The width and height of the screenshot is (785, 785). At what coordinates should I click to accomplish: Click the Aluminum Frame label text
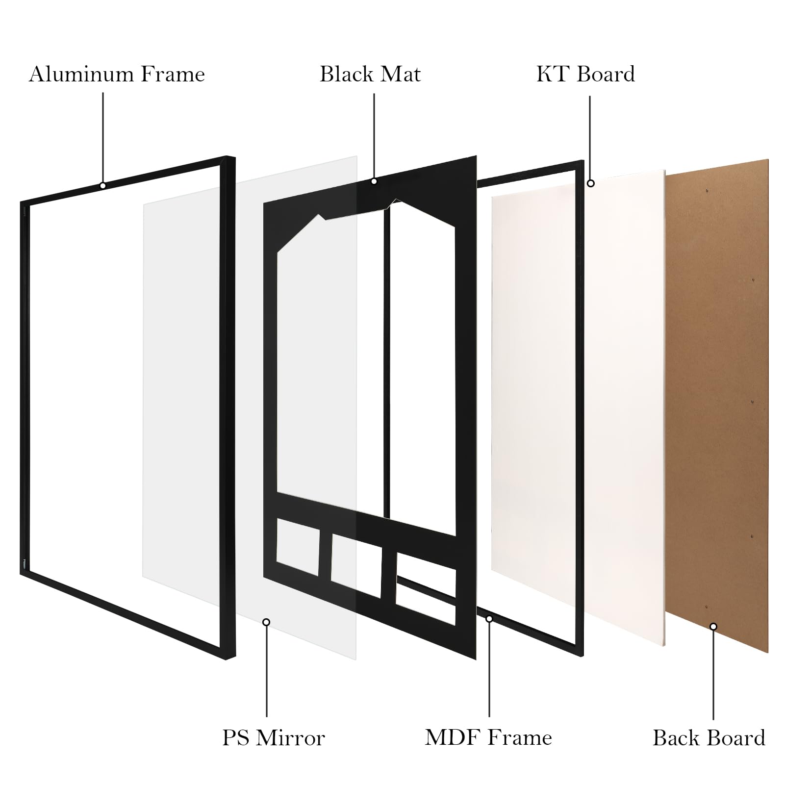[x=117, y=74]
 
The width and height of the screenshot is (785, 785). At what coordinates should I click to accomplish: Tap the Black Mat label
[x=370, y=74]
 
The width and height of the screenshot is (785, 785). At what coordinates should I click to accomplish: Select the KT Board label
[x=585, y=74]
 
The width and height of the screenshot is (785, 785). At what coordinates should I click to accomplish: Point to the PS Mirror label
[x=274, y=738]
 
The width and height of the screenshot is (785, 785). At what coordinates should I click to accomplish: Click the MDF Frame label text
[x=488, y=737]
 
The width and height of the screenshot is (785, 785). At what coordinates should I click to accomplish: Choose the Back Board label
[x=709, y=738]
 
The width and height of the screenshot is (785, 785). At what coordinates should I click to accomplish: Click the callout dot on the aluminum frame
[x=103, y=186]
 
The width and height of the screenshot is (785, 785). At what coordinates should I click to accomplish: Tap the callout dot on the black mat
[x=374, y=181]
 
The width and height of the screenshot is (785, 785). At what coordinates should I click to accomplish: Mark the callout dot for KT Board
[x=591, y=183]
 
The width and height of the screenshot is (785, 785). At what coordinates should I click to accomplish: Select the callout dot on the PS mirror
[x=266, y=622]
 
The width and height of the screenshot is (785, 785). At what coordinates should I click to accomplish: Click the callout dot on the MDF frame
[x=489, y=619]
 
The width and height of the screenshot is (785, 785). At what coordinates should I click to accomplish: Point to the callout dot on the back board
[x=713, y=627]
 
